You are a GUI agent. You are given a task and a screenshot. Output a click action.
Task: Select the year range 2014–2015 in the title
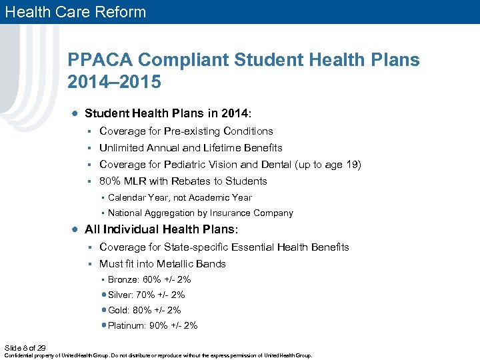coord(114,82)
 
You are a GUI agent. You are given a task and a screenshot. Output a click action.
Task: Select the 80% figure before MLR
coord(110,181)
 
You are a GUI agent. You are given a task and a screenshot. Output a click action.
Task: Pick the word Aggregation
coord(170,213)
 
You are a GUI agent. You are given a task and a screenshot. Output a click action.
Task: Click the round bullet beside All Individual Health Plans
coord(76,229)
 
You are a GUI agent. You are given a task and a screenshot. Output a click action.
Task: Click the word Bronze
coord(123,280)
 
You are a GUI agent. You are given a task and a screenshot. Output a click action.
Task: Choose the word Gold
coord(118,310)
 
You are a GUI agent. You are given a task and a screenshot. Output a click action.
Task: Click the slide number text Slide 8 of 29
coord(25,348)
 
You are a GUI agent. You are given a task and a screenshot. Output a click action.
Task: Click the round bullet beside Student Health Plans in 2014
coord(76,113)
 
